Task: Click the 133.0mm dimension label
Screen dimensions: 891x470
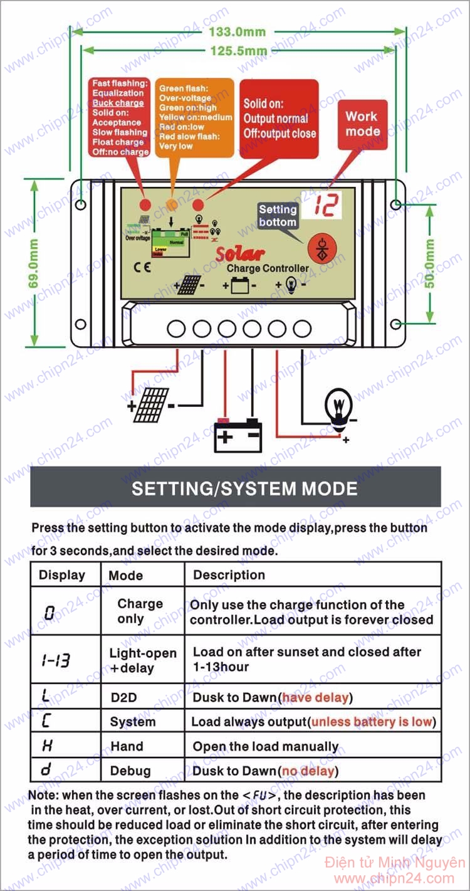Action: click(238, 32)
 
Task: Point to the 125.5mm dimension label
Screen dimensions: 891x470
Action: click(238, 51)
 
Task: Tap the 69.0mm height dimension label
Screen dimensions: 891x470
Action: click(34, 263)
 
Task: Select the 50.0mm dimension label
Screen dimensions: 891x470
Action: click(430, 264)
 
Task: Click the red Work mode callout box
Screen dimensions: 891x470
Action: click(362, 124)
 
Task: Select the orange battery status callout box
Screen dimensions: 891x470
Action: click(195, 117)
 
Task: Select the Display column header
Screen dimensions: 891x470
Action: click(62, 575)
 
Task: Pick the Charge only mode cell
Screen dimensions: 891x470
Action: click(140, 611)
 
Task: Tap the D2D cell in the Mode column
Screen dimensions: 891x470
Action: click(123, 697)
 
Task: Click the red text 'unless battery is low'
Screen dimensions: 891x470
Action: click(372, 722)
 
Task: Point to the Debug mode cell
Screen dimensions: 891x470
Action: click(130, 771)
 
